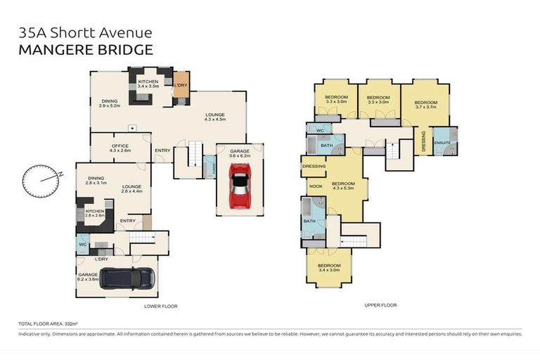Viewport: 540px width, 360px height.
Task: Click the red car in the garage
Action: tap(240, 186)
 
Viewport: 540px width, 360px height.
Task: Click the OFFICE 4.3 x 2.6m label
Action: tap(120, 148)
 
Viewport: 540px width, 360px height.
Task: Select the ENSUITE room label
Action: tap(442, 143)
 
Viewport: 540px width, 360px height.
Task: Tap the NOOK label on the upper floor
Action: tap(316, 186)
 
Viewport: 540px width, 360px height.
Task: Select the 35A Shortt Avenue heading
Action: tap(84, 32)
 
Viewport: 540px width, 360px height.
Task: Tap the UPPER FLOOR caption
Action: tap(380, 305)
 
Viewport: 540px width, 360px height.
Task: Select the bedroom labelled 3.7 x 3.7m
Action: tap(425, 105)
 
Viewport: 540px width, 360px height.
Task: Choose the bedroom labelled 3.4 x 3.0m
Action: tap(329, 267)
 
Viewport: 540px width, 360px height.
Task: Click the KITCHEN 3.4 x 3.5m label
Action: tap(148, 84)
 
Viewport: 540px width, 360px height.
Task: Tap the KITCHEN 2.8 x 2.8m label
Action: tap(95, 213)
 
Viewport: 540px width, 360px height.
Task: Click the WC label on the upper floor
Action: tap(320, 131)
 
